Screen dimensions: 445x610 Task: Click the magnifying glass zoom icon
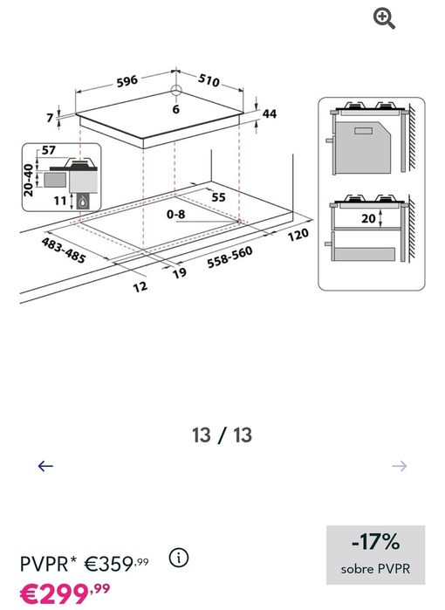tap(384, 19)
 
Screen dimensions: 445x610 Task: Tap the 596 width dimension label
tap(127, 81)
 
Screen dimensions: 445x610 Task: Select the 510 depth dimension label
tap(209, 79)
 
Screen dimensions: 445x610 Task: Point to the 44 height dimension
tap(269, 113)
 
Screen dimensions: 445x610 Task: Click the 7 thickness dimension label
tap(50, 118)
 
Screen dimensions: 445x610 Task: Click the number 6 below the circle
tap(176, 109)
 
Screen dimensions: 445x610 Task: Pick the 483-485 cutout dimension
tap(63, 250)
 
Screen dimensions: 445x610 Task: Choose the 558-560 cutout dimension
tap(229, 257)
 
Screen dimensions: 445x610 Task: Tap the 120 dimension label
tap(298, 235)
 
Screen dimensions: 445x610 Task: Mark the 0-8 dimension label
tap(176, 214)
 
